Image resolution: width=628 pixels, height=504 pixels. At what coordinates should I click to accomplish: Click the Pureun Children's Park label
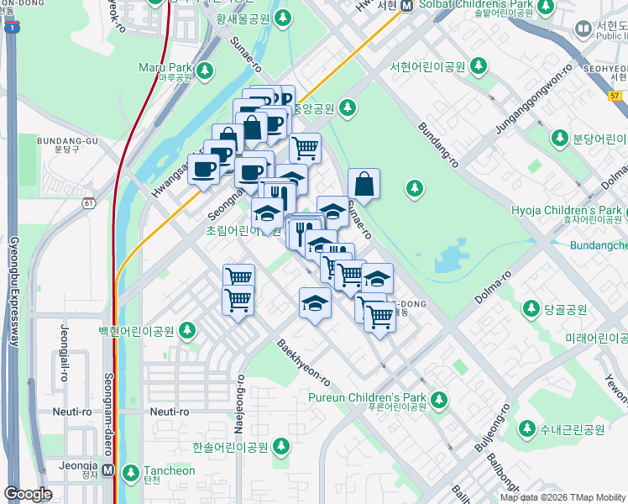point(380,397)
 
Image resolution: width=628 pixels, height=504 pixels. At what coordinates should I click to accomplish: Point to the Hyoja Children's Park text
point(568,210)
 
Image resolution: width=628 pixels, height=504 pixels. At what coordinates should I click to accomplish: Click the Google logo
point(29,494)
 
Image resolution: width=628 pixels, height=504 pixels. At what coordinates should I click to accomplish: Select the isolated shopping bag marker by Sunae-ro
point(364,184)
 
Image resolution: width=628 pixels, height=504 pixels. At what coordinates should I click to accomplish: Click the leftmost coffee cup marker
point(204,171)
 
